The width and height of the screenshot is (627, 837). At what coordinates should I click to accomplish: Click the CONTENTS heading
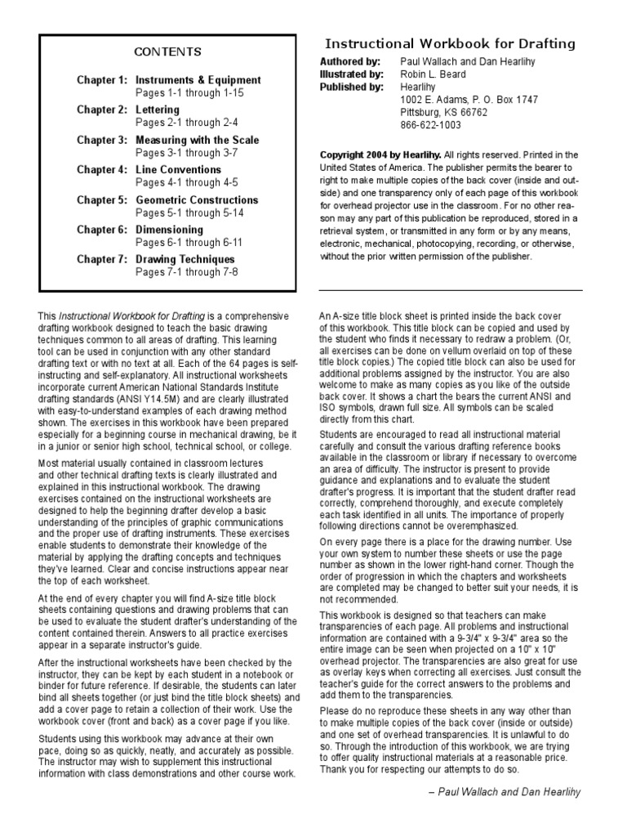[167, 52]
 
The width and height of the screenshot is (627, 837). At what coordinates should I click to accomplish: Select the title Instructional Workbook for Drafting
[450, 44]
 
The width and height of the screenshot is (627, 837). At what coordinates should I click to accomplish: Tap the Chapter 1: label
[102, 80]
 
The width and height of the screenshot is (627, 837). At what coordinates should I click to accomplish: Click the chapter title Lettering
[158, 110]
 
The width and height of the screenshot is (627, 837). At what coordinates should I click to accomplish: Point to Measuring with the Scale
[197, 140]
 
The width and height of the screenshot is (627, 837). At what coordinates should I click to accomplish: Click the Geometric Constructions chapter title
[196, 200]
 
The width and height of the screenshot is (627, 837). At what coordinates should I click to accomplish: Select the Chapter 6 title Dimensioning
[169, 230]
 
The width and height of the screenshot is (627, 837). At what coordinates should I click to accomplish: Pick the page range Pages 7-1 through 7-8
[186, 272]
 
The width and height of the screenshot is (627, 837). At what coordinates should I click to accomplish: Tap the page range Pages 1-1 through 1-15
[189, 93]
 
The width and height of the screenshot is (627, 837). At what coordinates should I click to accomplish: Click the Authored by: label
[350, 61]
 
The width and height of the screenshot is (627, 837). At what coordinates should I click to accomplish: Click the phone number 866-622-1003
[430, 126]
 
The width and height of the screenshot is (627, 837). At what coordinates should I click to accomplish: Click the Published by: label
[351, 87]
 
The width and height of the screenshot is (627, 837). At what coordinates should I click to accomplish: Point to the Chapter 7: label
[102, 260]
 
